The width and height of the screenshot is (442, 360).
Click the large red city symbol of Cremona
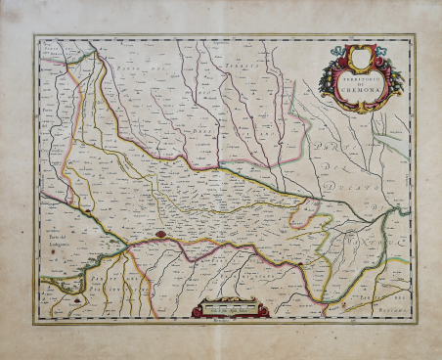coord(158,235)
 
